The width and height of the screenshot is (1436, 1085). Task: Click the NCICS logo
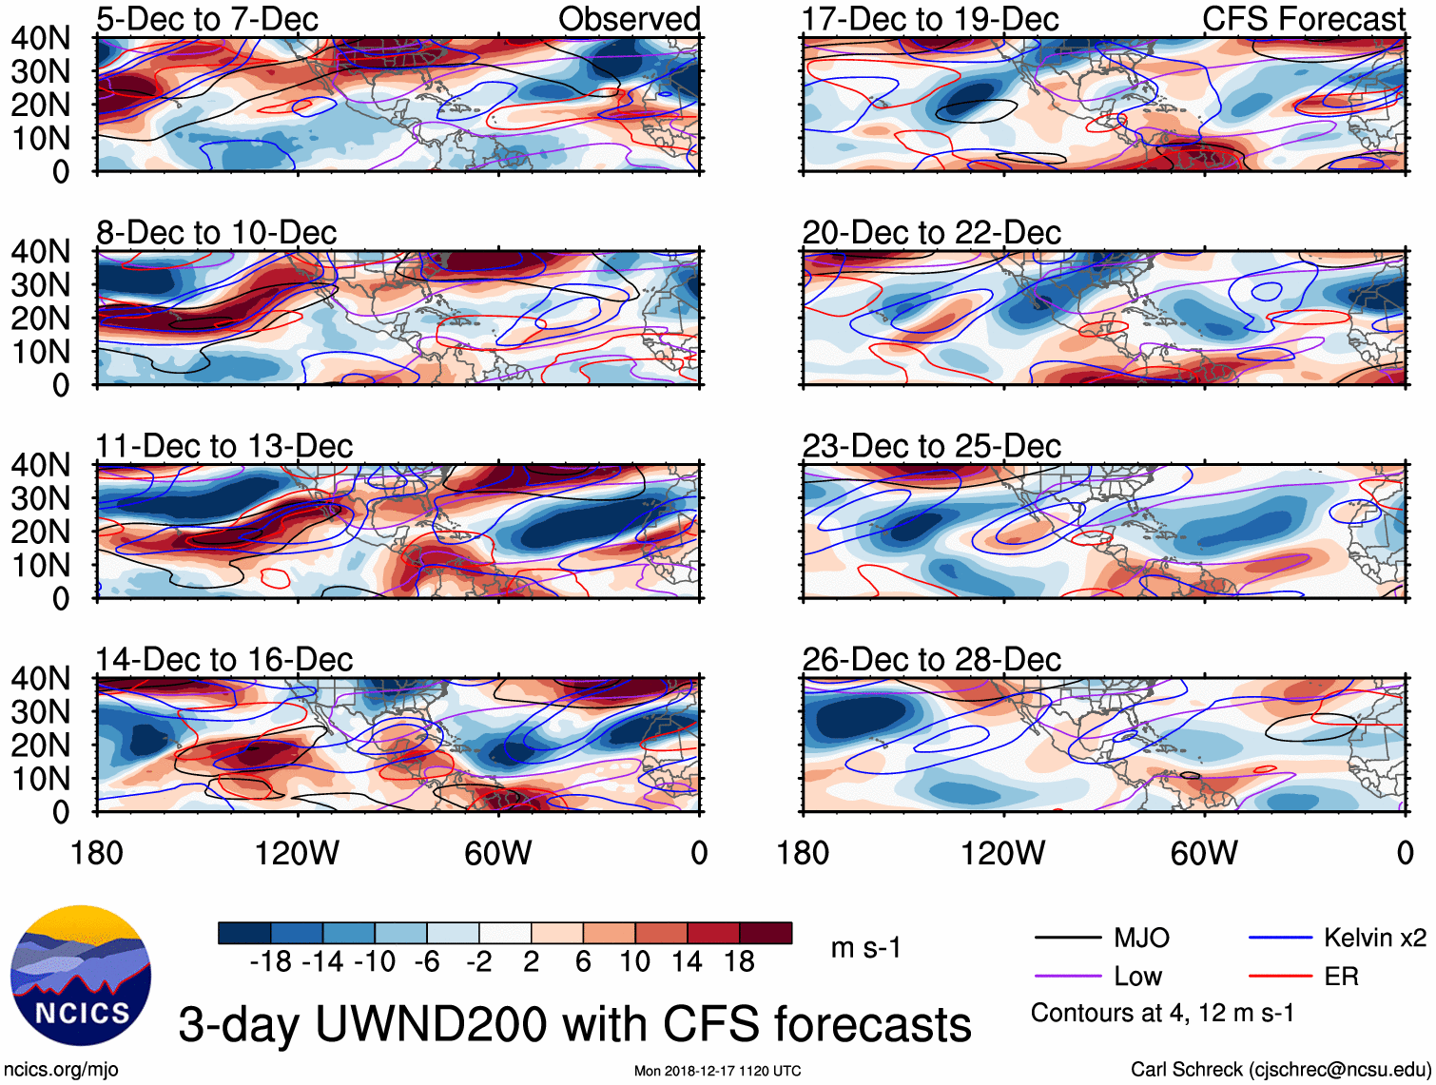(x=81, y=975)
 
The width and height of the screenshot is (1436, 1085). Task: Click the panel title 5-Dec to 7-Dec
(x=207, y=19)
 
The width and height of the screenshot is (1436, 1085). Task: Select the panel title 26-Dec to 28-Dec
(x=931, y=659)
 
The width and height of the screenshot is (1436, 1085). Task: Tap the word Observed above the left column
(x=629, y=19)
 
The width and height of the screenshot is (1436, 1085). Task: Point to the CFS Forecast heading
(x=1303, y=19)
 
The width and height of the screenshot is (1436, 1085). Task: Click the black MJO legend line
(x=1067, y=939)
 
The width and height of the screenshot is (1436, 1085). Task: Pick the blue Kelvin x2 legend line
(x=1280, y=939)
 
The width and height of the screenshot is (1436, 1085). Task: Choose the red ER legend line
(x=1280, y=977)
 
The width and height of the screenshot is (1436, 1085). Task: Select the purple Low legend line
(x=1067, y=977)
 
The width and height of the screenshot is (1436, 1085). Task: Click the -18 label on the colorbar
(x=271, y=962)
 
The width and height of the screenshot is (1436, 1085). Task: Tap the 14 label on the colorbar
(x=687, y=962)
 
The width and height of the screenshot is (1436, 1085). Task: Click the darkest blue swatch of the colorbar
(x=244, y=933)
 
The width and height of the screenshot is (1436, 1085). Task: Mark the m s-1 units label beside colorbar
(x=865, y=948)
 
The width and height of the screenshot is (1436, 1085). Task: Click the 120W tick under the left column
(x=297, y=853)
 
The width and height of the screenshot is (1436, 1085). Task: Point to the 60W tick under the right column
(x=1204, y=853)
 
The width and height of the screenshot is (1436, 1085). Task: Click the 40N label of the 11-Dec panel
(x=40, y=465)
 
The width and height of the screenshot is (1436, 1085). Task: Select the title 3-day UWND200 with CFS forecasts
(x=574, y=1024)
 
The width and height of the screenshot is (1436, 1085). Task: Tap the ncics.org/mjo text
(x=61, y=1070)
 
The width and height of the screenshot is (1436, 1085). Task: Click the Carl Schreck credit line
(x=1280, y=1070)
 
